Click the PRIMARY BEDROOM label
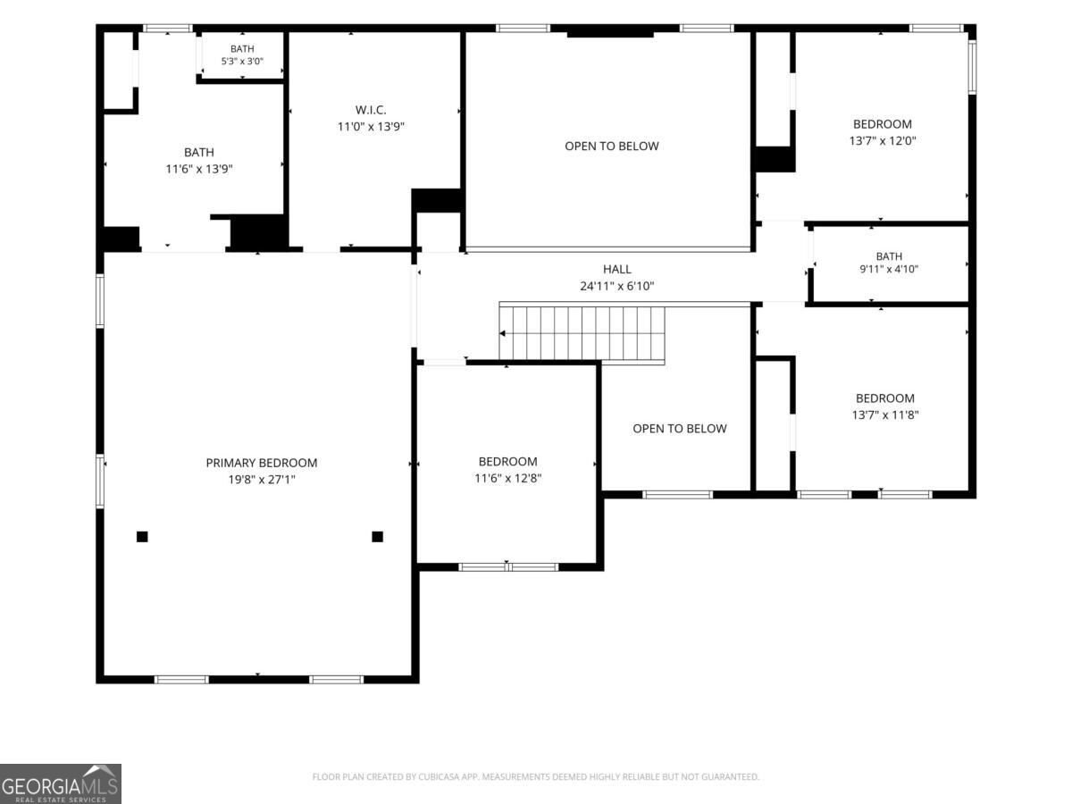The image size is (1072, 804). tap(261, 463)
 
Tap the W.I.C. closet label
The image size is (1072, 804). tap(371, 110)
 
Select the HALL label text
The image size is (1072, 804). tap(616, 269)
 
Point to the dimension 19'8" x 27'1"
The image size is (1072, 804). tap(262, 480)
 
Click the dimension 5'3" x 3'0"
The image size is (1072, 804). tap(242, 61)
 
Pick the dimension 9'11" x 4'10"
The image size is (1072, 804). tap(889, 269)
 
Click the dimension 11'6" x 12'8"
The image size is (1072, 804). tap(508, 479)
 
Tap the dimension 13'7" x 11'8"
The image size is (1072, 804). tap(885, 415)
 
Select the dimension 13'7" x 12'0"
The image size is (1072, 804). tap(883, 140)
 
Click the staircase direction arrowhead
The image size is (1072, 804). tap(502, 333)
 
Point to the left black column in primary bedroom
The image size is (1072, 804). tap(142, 537)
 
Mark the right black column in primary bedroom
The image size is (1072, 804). tap(378, 537)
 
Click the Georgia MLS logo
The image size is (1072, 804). tap(61, 784)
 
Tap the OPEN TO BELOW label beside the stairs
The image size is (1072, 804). tap(679, 429)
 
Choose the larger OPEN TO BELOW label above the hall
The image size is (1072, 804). tap(611, 146)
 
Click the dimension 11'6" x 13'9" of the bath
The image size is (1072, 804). tap(199, 169)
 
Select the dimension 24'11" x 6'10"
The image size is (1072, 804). tap(616, 286)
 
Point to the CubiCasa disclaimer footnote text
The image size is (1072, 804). tap(535, 776)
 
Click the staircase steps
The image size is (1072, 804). tap(582, 333)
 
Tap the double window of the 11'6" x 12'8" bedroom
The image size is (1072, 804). tap(508, 566)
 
